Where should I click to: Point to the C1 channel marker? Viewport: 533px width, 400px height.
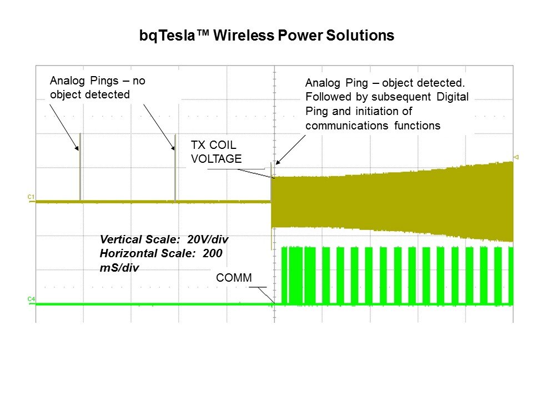click(x=31, y=197)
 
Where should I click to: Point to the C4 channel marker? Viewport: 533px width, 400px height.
click(x=31, y=299)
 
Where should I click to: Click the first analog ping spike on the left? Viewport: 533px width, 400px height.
click(x=80, y=167)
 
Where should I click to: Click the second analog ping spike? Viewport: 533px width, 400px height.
click(x=175, y=167)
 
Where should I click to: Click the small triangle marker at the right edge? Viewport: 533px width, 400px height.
click(x=516, y=157)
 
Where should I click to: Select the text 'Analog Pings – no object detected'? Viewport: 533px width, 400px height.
click(x=97, y=87)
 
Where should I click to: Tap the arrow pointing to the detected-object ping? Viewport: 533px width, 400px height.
click(x=290, y=149)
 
